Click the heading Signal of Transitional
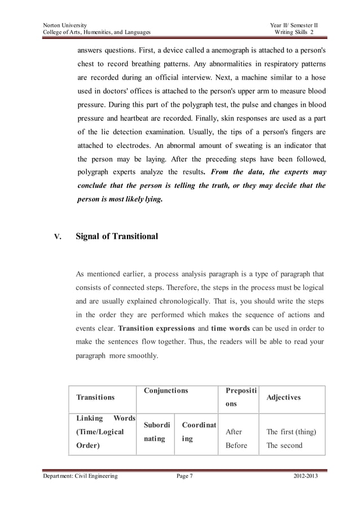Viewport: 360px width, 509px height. click(x=117, y=237)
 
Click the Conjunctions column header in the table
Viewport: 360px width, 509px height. click(x=166, y=390)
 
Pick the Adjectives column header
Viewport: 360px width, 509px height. click(x=283, y=397)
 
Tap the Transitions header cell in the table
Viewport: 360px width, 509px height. click(x=95, y=397)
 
